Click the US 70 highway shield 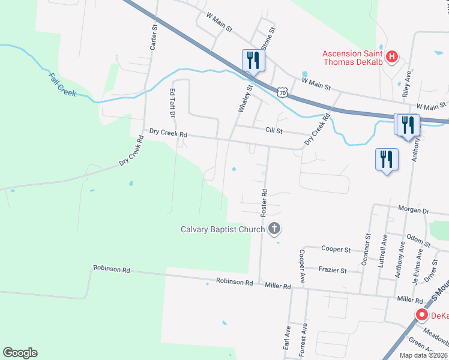pos(282,92)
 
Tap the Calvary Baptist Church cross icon pos(274,228)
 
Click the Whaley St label pos(244,98)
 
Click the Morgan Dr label pos(414,210)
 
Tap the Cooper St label pos(336,249)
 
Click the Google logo pos(20,353)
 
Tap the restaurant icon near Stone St pos(252,61)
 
